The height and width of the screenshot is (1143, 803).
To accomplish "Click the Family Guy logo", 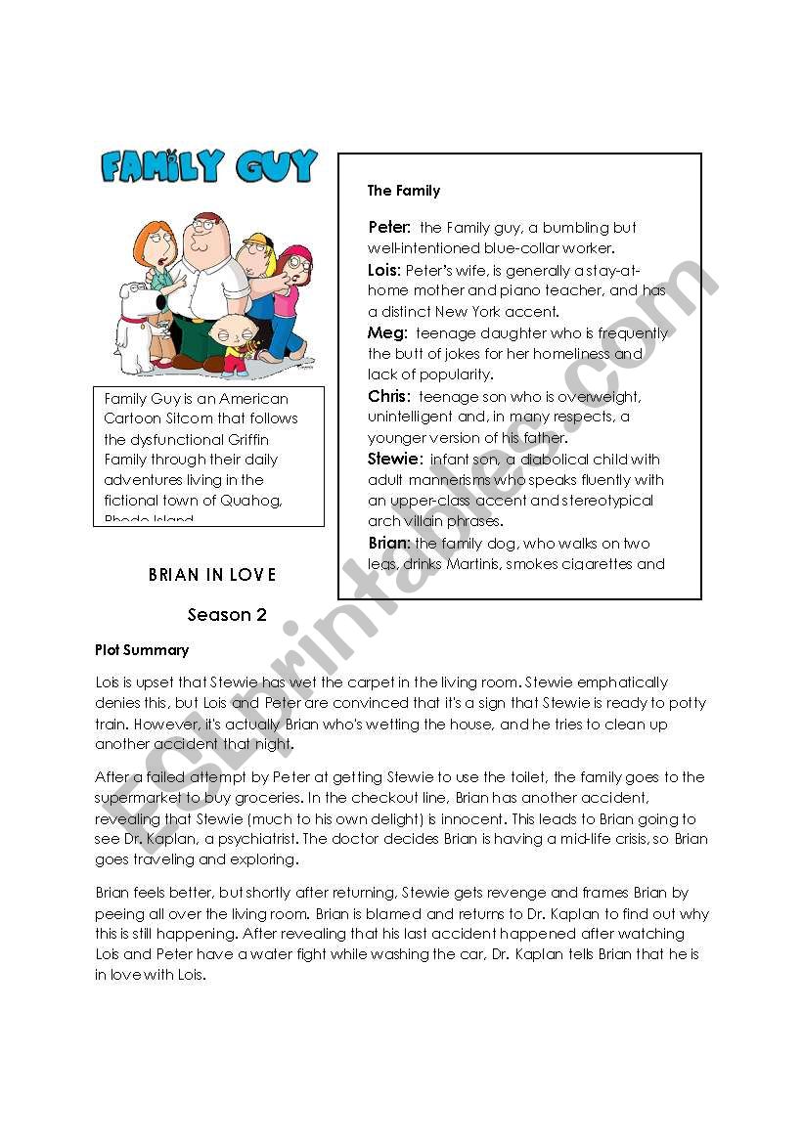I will tap(209, 167).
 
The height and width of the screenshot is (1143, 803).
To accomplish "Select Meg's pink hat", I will tap(296, 256).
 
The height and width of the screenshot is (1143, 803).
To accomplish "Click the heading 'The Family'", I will tap(404, 191).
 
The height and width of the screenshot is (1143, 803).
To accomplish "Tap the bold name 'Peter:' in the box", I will tap(389, 228).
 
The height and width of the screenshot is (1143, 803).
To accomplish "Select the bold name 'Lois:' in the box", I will tap(384, 269).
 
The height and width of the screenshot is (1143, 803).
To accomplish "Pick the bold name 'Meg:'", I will tap(386, 333).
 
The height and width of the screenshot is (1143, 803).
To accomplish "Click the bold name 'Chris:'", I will tap(389, 397).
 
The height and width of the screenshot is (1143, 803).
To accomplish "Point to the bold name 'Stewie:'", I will tap(395, 459).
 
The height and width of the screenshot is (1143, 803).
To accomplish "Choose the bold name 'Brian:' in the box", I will tap(388, 544).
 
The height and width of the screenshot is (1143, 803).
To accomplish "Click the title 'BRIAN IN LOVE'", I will tap(212, 575).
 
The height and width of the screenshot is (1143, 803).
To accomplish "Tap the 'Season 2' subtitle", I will tap(227, 615).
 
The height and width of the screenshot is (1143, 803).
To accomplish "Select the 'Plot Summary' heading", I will tap(142, 649).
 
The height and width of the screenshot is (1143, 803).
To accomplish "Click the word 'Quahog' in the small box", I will tap(252, 501).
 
